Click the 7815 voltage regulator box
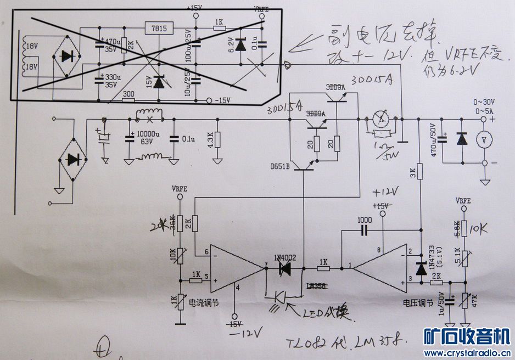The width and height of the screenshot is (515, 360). pos(159,28)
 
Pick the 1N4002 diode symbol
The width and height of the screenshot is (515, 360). pos(285,268)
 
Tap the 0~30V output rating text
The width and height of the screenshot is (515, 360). pos(484,102)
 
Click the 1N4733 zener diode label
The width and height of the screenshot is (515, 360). pos(432,253)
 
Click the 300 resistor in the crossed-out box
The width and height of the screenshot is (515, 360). pos(129,95)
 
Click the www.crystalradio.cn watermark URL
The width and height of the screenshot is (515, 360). pos(468,353)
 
